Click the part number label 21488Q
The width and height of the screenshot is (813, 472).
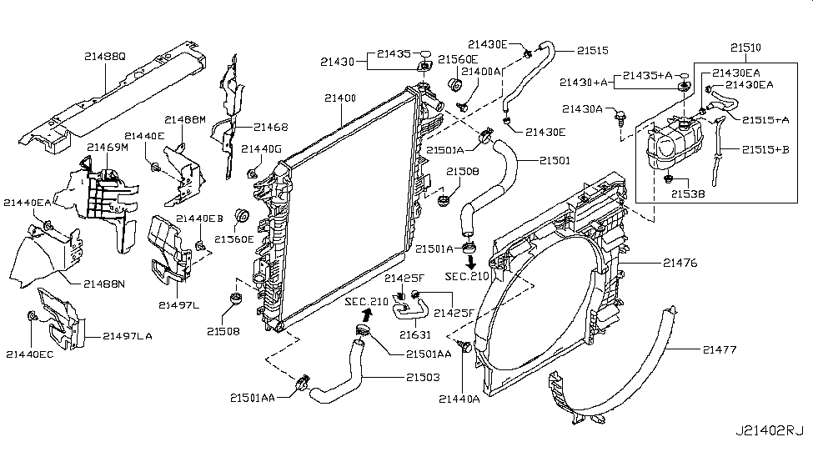[105, 56]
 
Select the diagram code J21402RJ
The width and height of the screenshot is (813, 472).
[770, 431]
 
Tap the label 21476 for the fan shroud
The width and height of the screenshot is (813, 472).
[680, 263]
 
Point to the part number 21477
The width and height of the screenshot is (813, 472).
[720, 349]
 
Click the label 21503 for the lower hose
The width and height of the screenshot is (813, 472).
[423, 377]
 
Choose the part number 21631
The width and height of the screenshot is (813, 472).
[415, 335]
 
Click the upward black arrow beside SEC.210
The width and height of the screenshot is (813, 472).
[367, 314]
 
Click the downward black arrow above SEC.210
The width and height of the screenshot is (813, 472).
[471, 261]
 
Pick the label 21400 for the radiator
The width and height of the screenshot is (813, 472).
[341, 98]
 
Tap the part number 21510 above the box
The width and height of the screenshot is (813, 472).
[745, 48]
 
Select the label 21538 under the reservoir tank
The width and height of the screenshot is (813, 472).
[688, 194]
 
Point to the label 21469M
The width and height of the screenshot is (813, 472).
[108, 148]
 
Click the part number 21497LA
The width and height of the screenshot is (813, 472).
[128, 336]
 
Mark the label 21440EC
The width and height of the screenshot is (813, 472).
[29, 354]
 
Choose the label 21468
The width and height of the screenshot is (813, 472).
[271, 127]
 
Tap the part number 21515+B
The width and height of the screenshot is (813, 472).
[765, 150]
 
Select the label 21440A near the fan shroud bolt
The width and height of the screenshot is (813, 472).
[459, 399]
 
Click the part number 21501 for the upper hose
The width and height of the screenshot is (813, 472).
[555, 161]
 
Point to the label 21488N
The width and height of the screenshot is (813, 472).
[104, 284]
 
